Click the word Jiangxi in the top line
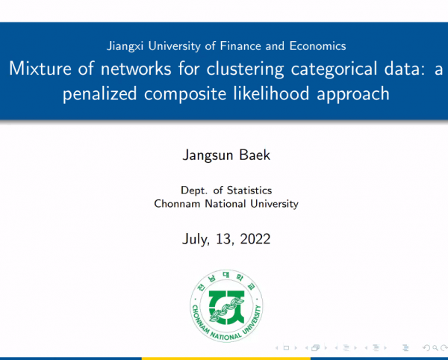[125, 46]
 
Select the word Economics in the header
[317, 46]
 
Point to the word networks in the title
[136, 69]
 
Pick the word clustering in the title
[245, 69]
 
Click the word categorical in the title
[334, 69]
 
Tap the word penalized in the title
[100, 94]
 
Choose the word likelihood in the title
[271, 93]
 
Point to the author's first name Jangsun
[208, 155]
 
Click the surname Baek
[255, 155]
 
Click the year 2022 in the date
[255, 239]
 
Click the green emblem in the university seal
[226, 308]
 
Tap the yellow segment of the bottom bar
[226, 359]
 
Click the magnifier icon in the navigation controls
[435, 348]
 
